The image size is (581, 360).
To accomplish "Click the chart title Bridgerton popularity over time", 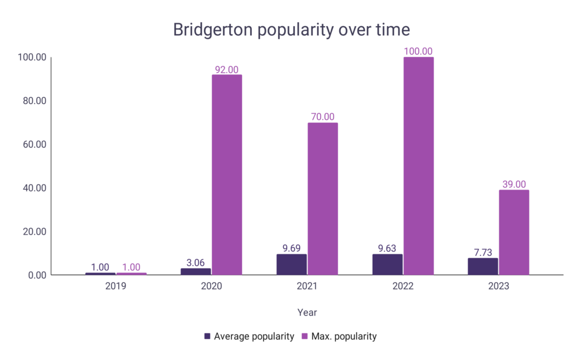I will coord(291,30).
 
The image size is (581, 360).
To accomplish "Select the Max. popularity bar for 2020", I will coord(227,175).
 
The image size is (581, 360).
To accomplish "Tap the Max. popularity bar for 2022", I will coord(419,166).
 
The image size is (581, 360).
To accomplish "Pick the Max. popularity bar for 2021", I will coord(323,199).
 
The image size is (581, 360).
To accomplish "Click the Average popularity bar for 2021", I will coord(292,265).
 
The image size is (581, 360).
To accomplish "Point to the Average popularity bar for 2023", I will coord(483,266).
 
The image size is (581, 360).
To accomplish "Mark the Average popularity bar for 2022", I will coord(388,265).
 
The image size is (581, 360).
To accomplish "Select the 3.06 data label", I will coord(196,263).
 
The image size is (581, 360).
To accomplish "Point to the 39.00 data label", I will coord(514,185).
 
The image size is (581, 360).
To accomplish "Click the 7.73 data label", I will coord(483,252).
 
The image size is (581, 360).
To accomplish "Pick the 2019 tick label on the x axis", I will coord(116,286).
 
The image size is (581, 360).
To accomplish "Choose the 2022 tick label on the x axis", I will coord(403,286).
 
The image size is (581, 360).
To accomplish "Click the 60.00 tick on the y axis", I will coord(33,144).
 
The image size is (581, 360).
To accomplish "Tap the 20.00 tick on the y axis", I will coord(33,232).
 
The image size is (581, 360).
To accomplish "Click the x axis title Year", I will coord(307,312).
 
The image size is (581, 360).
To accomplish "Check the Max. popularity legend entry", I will coord(341,336).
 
